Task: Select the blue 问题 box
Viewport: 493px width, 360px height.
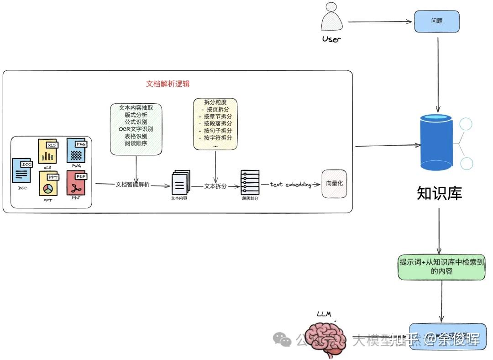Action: (x=437, y=21)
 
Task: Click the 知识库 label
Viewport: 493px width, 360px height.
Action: (x=439, y=193)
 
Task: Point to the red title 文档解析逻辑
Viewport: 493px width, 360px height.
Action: (x=168, y=84)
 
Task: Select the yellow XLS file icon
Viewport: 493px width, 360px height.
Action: (x=48, y=152)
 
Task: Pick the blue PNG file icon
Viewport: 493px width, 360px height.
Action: (x=76, y=151)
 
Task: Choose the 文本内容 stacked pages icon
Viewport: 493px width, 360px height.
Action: (x=179, y=183)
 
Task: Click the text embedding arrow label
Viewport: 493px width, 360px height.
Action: (x=290, y=185)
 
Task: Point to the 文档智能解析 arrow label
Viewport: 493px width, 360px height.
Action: (x=132, y=185)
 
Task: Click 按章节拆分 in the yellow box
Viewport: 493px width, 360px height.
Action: (x=216, y=116)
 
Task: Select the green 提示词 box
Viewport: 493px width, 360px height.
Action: (x=441, y=266)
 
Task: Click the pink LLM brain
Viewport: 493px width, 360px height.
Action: (x=327, y=339)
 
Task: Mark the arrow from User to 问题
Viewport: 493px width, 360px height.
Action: (x=380, y=21)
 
